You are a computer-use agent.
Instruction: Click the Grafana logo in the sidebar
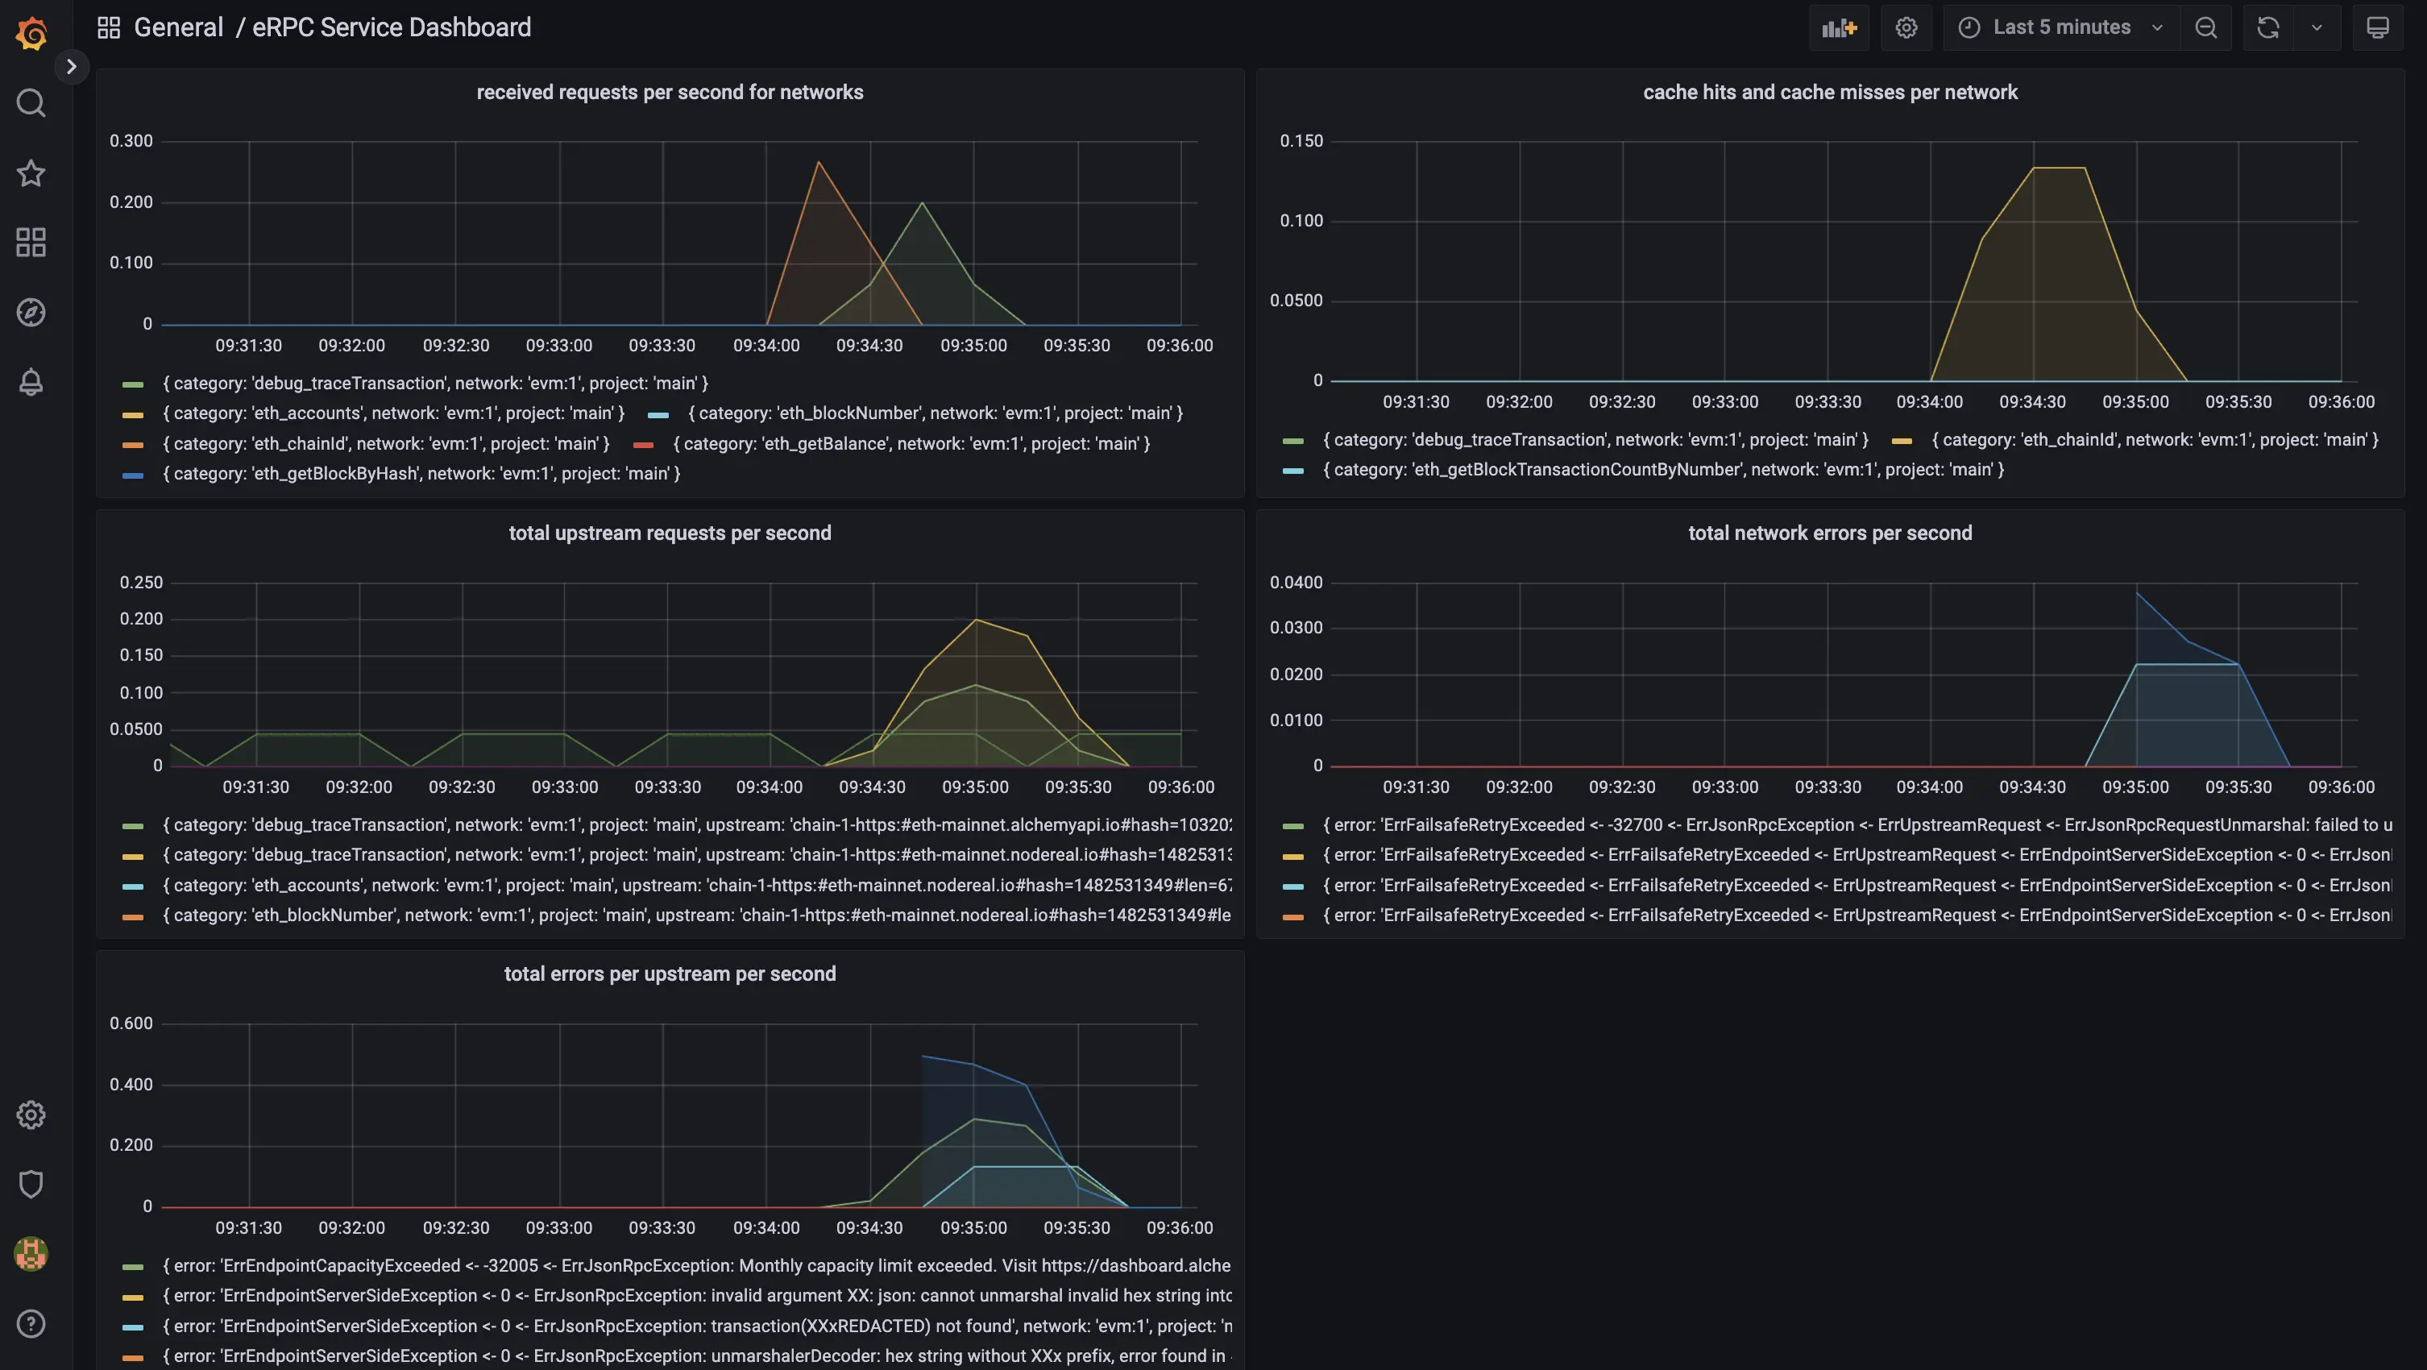pos(31,33)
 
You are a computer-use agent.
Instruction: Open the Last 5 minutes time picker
pos(2061,27)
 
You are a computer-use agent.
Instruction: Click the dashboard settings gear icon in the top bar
pos(1906,27)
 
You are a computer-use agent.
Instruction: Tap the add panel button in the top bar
pos(1838,27)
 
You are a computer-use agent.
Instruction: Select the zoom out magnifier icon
pos(2205,27)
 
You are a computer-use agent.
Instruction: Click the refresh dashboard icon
pos(2267,27)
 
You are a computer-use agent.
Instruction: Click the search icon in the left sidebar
pos(31,102)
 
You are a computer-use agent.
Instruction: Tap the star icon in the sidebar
pos(31,172)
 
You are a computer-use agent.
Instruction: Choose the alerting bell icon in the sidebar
pos(31,382)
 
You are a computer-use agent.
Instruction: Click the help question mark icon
pos(31,1324)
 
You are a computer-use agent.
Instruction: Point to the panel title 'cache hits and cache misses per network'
pos(1830,93)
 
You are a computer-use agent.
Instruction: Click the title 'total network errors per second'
pos(1830,533)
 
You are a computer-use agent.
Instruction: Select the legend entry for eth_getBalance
pos(911,443)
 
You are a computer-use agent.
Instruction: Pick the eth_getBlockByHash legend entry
pos(421,473)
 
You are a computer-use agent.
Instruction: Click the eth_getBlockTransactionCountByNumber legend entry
pos(1663,469)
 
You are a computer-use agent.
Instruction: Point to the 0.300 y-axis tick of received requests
pos(131,141)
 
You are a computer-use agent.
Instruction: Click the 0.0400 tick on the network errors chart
pos(1296,583)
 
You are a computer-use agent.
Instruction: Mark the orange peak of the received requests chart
pos(818,163)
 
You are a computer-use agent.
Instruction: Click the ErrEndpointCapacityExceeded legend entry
pos(695,1265)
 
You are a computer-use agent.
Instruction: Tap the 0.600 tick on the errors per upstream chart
pos(131,1023)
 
